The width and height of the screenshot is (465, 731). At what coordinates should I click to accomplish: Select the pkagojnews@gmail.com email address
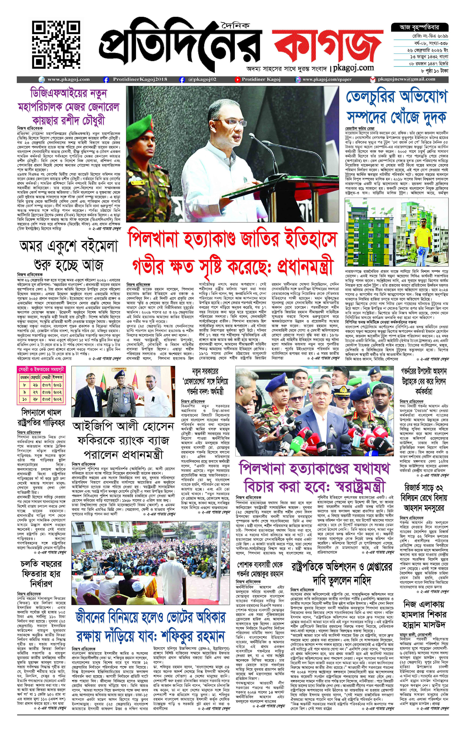406,79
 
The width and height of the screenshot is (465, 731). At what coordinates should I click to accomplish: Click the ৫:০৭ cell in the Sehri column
46,385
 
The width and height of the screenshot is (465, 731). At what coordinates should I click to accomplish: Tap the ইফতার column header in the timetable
58,377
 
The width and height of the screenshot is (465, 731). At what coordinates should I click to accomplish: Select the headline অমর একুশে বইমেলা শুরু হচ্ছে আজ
68,255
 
